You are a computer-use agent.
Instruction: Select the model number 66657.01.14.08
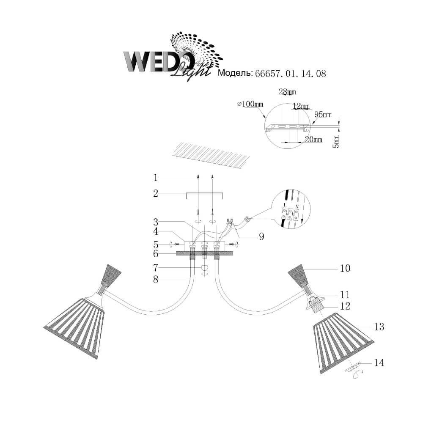pyautogui.click(x=290, y=74)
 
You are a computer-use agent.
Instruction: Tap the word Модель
pyautogui.click(x=234, y=74)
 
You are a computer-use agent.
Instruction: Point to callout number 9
pyautogui.click(x=261, y=237)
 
